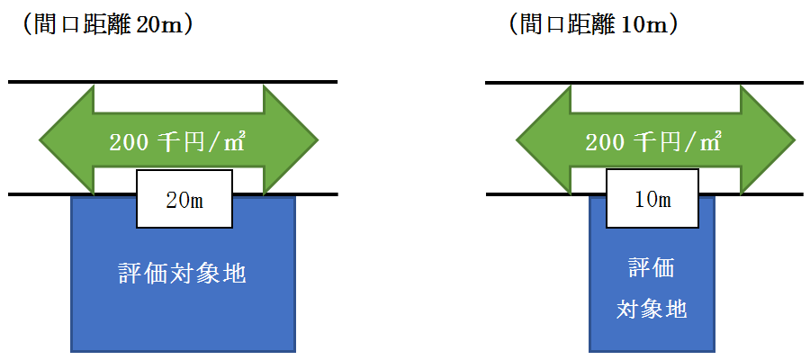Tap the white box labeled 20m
click(x=184, y=199)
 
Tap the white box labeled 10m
click(x=652, y=199)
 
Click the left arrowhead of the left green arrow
click(x=65, y=140)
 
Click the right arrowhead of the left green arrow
click(x=292, y=140)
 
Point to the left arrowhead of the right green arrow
click(x=541, y=140)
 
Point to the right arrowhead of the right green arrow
click(x=769, y=140)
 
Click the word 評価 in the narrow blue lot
click(x=652, y=268)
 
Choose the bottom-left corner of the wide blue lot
click(x=72, y=350)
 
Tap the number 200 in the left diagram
click(x=126, y=142)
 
